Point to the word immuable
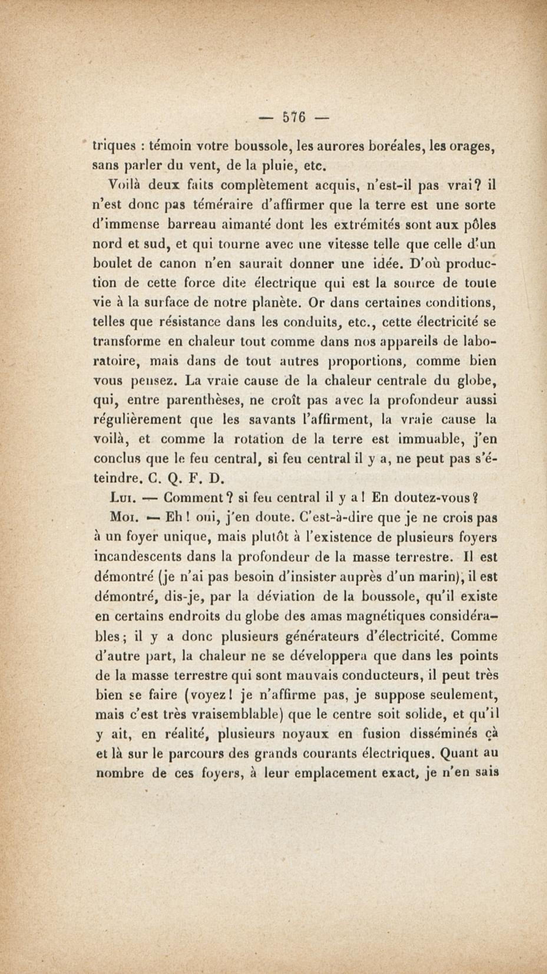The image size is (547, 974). [426, 439]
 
